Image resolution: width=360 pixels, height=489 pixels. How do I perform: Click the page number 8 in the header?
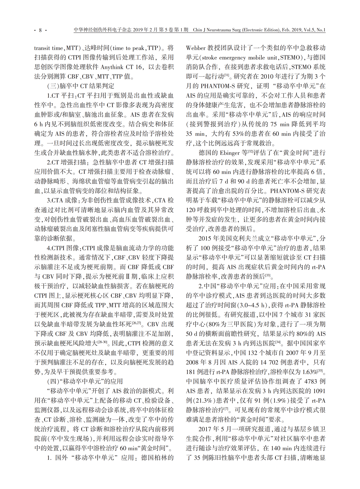pyautogui.click(x=40, y=30)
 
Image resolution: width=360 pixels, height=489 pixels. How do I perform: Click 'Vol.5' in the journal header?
pyautogui.click(x=309, y=30)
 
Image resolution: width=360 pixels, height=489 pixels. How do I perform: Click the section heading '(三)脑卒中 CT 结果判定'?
pyautogui.click(x=81, y=86)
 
